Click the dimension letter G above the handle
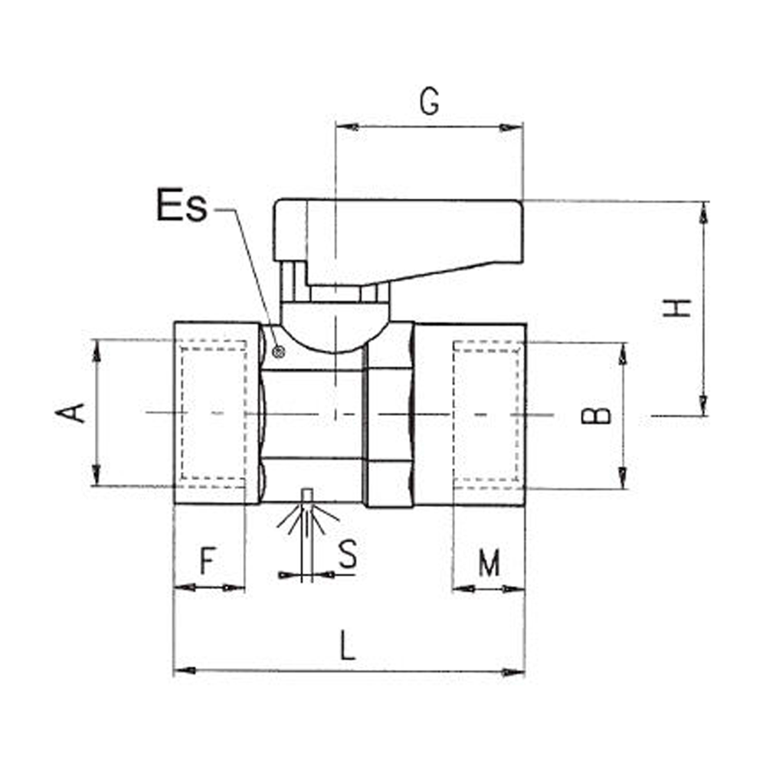(x=430, y=102)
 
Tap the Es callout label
(x=182, y=205)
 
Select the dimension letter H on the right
(x=677, y=308)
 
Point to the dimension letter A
(x=70, y=413)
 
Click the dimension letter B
(x=596, y=415)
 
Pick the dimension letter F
(x=208, y=561)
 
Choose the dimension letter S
(x=348, y=554)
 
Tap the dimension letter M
(x=489, y=563)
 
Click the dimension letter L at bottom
(x=347, y=645)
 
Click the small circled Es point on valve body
(x=279, y=352)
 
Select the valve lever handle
(x=398, y=243)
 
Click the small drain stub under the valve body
(x=306, y=496)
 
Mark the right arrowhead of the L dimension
(x=514, y=673)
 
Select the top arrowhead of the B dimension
(x=623, y=354)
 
